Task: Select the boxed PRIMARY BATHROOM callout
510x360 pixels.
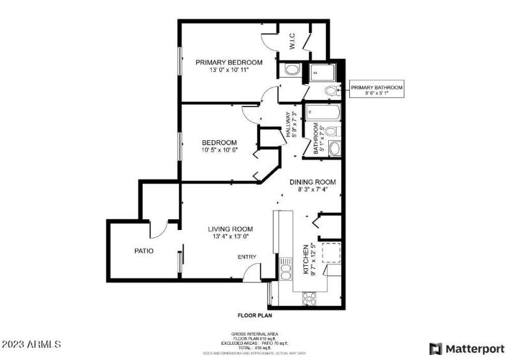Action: click(377, 90)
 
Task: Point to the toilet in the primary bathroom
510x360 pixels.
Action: click(330, 91)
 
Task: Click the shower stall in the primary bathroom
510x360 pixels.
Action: click(325, 73)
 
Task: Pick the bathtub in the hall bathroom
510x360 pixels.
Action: click(322, 115)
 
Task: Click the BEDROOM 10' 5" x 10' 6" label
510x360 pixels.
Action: click(219, 146)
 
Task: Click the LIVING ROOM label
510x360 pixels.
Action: click(230, 233)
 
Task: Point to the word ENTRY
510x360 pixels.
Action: click(247, 257)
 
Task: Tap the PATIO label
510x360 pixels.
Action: click(143, 251)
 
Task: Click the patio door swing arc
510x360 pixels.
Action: click(161, 229)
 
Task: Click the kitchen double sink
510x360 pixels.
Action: click(284, 268)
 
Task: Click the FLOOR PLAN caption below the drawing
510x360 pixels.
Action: click(255, 315)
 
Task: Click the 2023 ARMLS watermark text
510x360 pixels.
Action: click(32, 345)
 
